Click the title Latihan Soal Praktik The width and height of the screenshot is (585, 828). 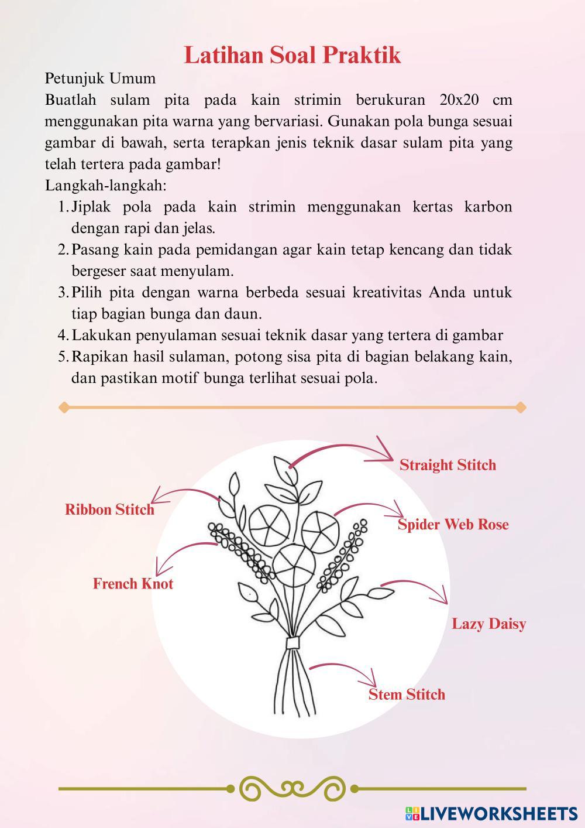292,56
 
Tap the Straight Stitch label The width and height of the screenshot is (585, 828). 448,465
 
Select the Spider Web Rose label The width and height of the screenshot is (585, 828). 453,524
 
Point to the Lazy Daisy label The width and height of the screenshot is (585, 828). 488,624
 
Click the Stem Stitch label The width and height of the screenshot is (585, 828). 407,694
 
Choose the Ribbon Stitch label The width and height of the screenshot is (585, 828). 109,509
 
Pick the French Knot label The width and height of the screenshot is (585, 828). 133,584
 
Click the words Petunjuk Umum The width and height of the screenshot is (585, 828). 100,78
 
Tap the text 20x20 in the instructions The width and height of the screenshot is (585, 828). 459,100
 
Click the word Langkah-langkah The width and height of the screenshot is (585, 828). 106,186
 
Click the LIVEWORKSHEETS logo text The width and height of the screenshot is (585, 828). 498,813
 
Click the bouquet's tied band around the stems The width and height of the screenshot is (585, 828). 292,642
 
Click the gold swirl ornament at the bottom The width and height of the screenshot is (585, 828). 292,789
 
